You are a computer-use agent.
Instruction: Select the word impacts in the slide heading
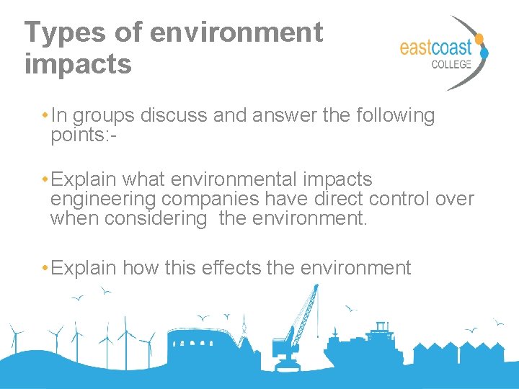coord(78,63)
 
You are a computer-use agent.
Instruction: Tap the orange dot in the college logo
coord(479,38)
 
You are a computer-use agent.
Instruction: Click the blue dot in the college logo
coord(484,52)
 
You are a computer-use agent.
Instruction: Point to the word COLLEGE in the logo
coord(451,64)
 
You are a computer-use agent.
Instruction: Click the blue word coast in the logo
coord(450,48)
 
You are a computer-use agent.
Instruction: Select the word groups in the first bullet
coord(105,116)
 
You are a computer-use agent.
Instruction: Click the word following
coord(396,115)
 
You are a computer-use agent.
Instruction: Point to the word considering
coord(156,218)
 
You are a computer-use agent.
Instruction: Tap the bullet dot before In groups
coord(45,116)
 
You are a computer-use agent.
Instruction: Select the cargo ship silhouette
coord(368,346)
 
